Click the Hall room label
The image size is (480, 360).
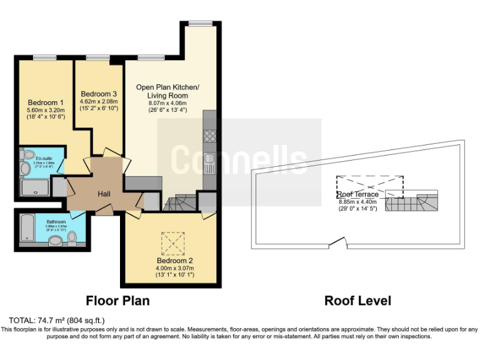pyautogui.click(x=104, y=194)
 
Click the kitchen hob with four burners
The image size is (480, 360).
pyautogui.click(x=210, y=136)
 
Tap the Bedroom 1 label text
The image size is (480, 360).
pyautogui.click(x=46, y=102)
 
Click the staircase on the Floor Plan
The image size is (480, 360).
pyautogui.click(x=181, y=201)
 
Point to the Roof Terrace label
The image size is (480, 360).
pyautogui.click(x=358, y=194)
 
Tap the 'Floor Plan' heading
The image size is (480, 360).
pyautogui.click(x=117, y=301)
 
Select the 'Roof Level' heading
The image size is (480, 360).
pyautogui.click(x=357, y=301)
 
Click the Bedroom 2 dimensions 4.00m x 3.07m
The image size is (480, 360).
pyautogui.click(x=171, y=267)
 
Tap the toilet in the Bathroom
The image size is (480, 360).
pyautogui.click(x=72, y=237)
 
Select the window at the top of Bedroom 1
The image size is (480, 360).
pyautogui.click(x=45, y=58)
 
